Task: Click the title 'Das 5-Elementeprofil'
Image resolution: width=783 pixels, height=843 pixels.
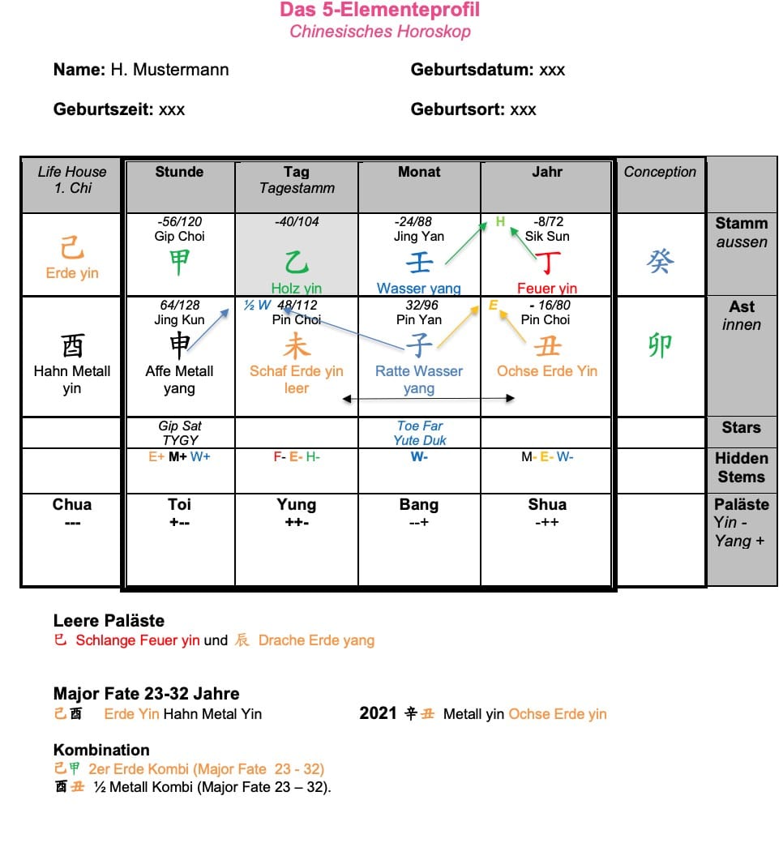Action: pyautogui.click(x=379, y=10)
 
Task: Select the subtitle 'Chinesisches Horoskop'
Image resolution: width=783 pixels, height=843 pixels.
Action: pyautogui.click(x=379, y=32)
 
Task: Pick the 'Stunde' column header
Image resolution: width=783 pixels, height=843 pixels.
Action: pyautogui.click(x=179, y=172)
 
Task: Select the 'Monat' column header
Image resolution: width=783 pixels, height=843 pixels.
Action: pyautogui.click(x=419, y=172)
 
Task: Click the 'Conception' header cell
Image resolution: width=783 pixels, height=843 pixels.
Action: pyautogui.click(x=660, y=172)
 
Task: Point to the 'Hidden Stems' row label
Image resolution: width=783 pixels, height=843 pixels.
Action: pyautogui.click(x=741, y=468)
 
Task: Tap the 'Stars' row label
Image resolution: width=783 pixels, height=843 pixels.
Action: pyautogui.click(x=741, y=427)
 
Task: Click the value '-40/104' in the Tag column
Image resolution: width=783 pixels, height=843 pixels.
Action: pyautogui.click(x=297, y=221)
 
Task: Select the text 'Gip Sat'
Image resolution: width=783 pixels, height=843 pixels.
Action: pyautogui.click(x=180, y=426)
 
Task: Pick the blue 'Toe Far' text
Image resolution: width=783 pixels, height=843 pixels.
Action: pyautogui.click(x=420, y=426)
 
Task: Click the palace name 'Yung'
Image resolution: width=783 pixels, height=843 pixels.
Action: pyautogui.click(x=296, y=504)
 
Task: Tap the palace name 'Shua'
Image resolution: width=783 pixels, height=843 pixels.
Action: pyautogui.click(x=547, y=504)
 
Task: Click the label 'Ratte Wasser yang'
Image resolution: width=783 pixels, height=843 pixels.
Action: pyautogui.click(x=419, y=379)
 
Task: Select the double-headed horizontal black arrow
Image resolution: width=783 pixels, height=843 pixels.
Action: pyautogui.click(x=428, y=398)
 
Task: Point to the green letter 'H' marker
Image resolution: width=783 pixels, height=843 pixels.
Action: pyautogui.click(x=500, y=221)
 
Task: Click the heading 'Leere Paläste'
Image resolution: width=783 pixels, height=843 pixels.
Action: pyautogui.click(x=109, y=621)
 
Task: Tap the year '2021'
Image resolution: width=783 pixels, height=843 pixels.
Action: pyautogui.click(x=378, y=713)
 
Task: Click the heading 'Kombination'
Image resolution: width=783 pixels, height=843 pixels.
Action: pyautogui.click(x=101, y=750)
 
